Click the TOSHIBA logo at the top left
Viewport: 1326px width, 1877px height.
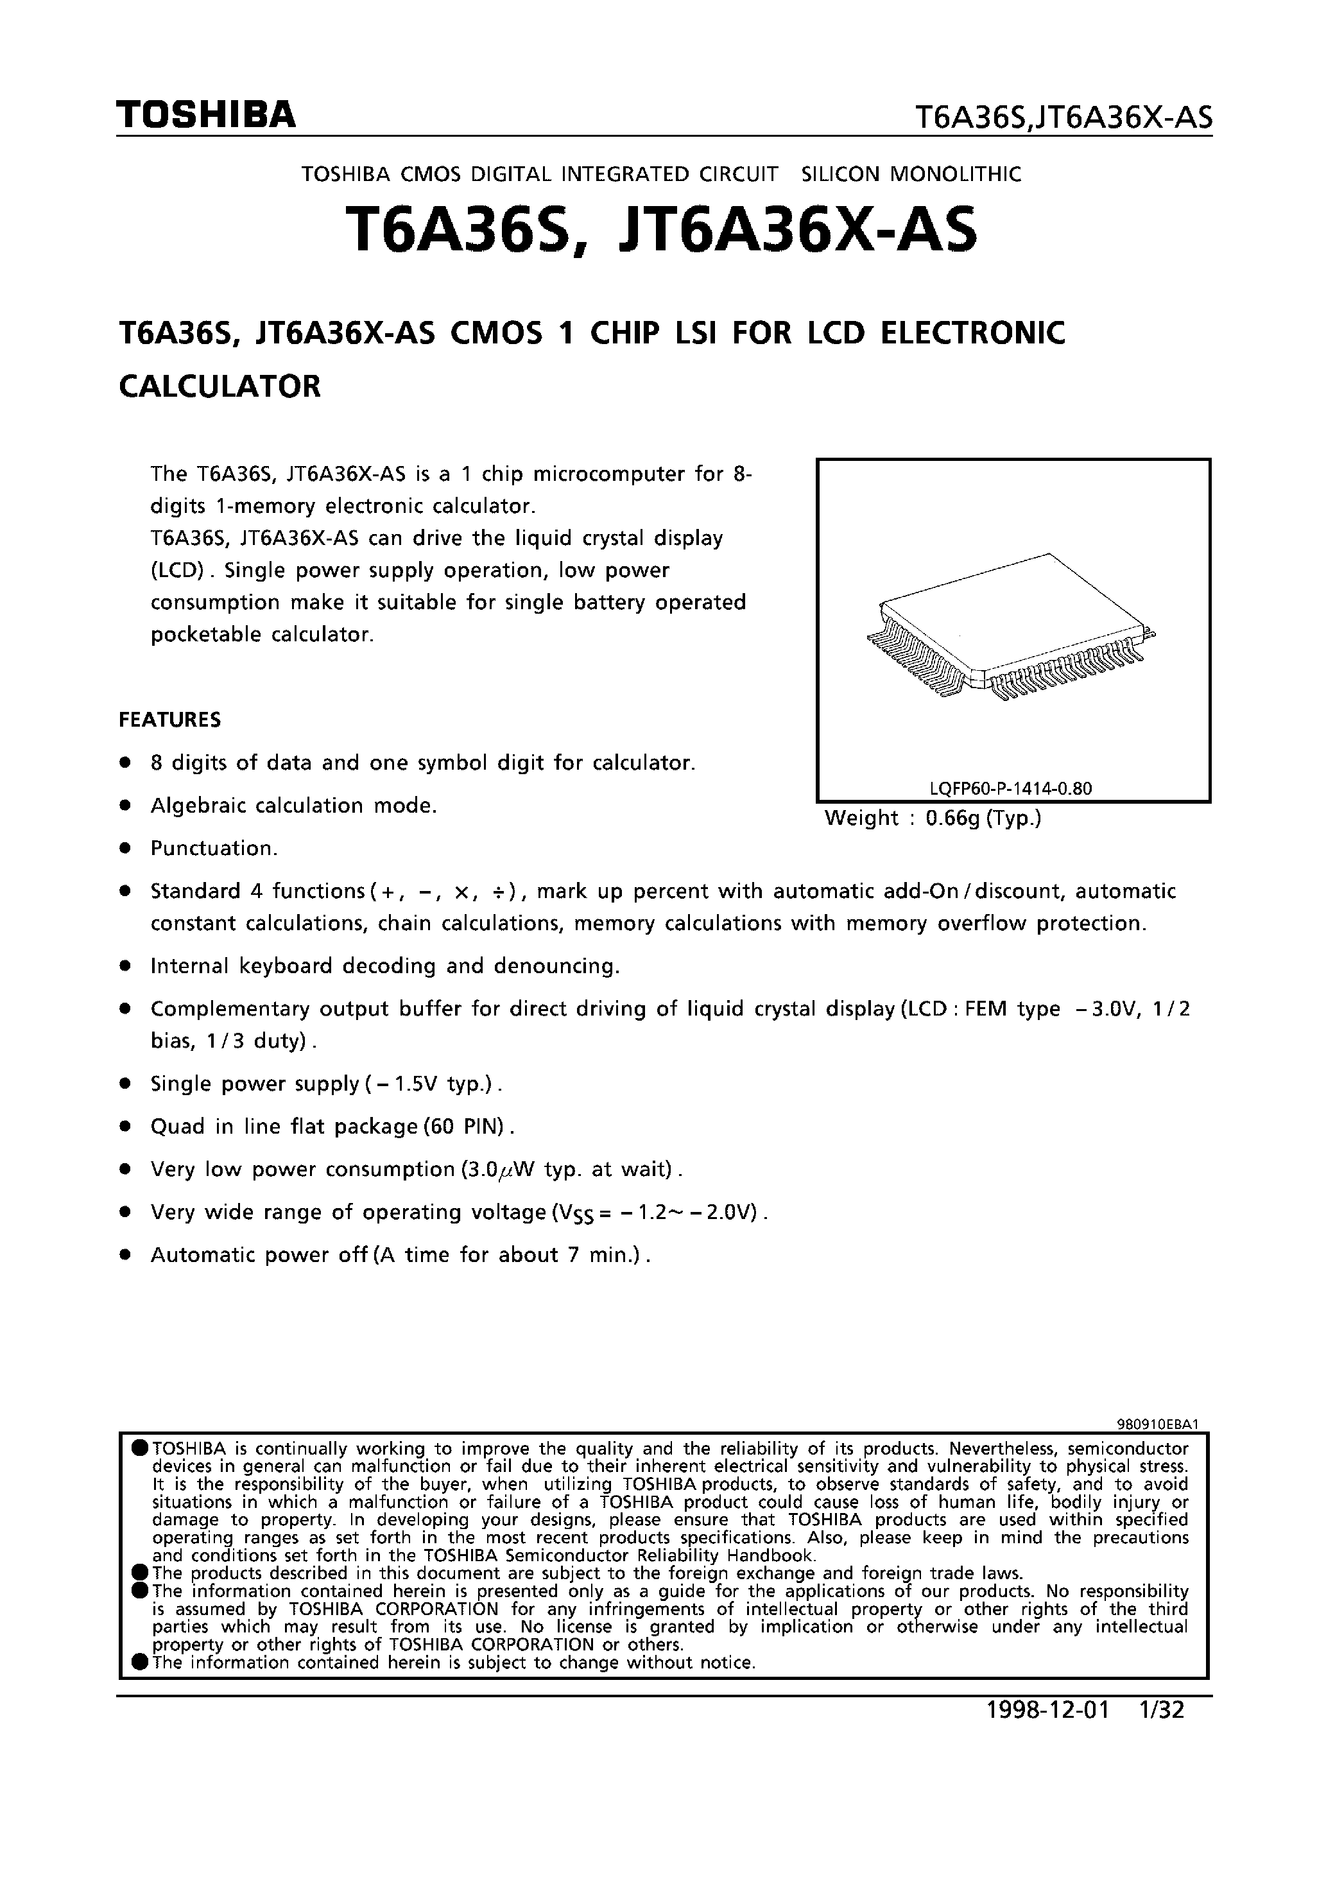coord(205,116)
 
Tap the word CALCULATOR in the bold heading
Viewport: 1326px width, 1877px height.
coord(220,386)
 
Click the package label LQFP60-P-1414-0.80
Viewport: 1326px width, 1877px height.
coord(1012,789)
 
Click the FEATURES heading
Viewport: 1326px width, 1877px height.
coord(170,720)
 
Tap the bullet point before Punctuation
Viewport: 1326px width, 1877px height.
coord(125,849)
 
